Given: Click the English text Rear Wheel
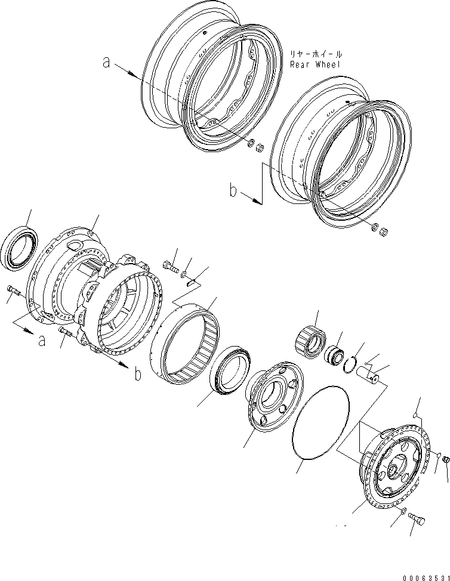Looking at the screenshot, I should point(315,64).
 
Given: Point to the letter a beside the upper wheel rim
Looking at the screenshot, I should point(106,62).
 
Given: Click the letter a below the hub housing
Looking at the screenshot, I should point(41,341).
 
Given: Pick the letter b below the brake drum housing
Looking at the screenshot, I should point(137,375).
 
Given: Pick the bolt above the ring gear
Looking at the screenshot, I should point(170,266).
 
